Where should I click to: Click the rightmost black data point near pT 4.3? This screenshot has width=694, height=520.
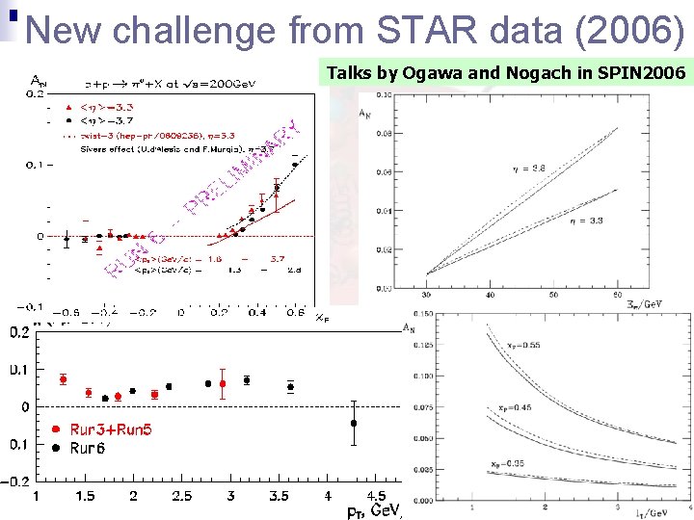click(x=354, y=423)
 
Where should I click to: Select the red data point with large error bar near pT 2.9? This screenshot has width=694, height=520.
click(x=223, y=383)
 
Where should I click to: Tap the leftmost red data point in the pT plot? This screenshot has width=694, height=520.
click(x=63, y=379)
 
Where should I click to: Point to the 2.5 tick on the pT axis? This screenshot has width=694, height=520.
click(x=181, y=496)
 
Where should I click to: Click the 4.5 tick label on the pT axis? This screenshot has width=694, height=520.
click(x=384, y=496)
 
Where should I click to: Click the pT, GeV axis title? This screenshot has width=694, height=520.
click(x=374, y=510)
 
